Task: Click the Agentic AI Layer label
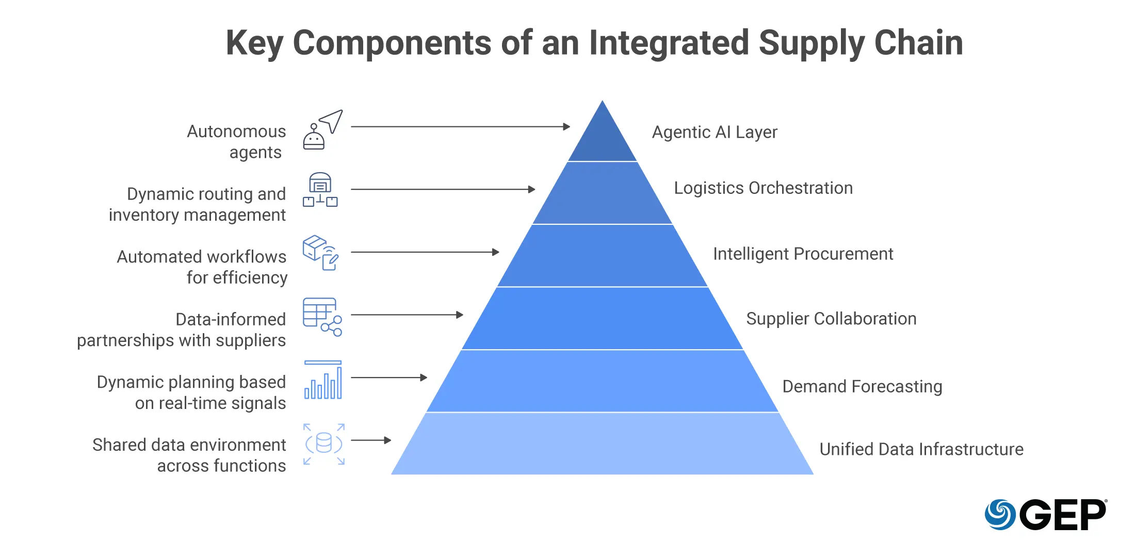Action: tap(714, 133)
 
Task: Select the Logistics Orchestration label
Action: tap(763, 188)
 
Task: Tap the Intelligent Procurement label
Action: tap(803, 254)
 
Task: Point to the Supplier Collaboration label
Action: tap(831, 319)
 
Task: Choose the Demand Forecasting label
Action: tap(862, 387)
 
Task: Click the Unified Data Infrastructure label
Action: tap(921, 450)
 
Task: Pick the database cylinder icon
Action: tap(323, 444)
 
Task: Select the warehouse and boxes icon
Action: tap(320, 190)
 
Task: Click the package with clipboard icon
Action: tap(320, 253)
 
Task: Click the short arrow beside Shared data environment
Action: tap(371, 440)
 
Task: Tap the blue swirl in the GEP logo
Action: tap(1000, 515)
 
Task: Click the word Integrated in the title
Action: tap(669, 43)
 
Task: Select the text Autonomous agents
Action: tap(237, 142)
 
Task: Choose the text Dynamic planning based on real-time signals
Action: tap(191, 392)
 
